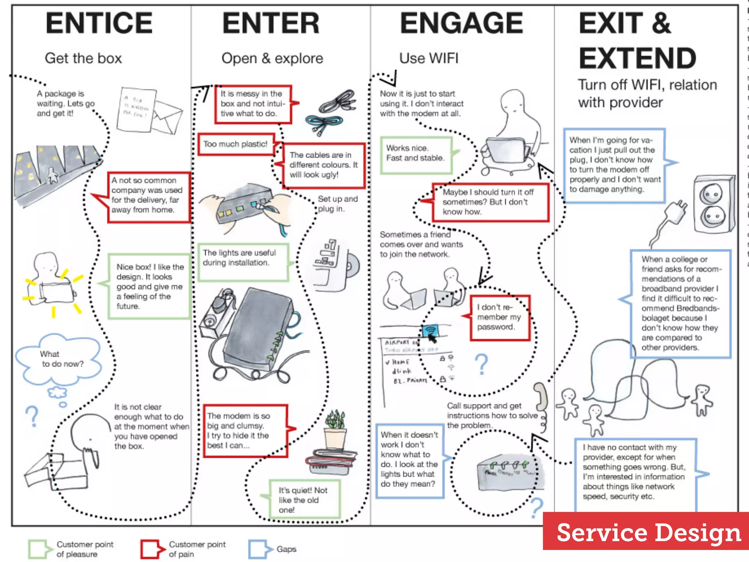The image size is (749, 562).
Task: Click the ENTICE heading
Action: (99, 23)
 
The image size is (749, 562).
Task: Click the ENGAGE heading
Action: (462, 23)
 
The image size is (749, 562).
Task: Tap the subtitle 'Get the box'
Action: (83, 59)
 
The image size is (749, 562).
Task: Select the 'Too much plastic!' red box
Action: (236, 144)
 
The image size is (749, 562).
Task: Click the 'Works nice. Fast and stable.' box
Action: (416, 155)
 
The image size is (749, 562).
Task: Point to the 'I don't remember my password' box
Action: (499, 318)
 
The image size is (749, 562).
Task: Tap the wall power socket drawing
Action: (713, 205)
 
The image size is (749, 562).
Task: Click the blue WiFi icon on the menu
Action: (431, 331)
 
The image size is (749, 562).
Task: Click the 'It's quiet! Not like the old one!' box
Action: (304, 499)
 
